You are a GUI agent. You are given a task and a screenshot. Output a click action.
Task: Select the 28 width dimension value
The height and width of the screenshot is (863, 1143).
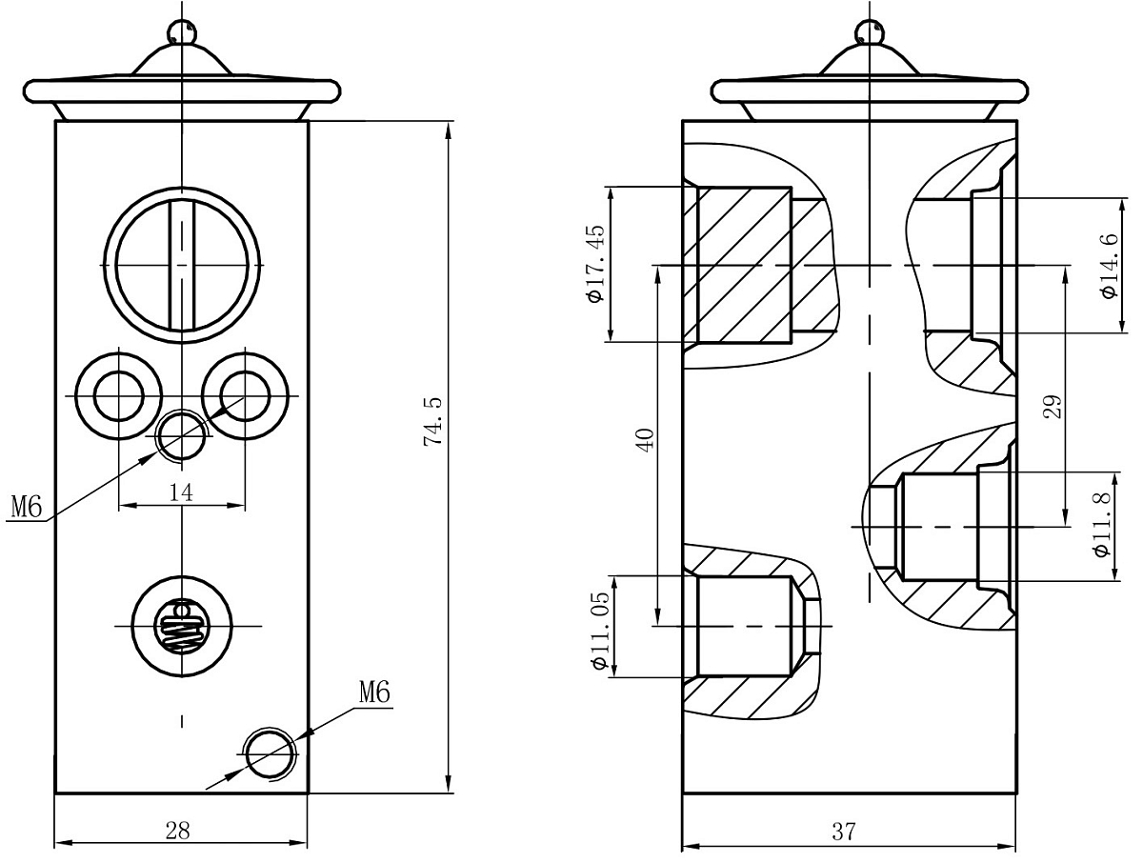point(178,831)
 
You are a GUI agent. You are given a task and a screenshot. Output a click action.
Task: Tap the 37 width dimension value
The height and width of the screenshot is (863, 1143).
point(843,832)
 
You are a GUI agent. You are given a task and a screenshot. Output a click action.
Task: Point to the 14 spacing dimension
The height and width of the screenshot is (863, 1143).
point(181,492)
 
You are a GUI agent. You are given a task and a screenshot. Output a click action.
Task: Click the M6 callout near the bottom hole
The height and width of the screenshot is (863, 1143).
point(375,692)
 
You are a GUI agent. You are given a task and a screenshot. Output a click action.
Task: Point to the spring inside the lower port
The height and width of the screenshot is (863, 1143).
point(181,626)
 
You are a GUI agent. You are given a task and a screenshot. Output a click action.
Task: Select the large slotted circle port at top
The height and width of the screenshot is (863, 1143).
point(181,263)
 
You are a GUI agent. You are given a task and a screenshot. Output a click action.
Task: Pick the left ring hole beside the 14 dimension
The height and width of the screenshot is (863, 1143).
point(118,395)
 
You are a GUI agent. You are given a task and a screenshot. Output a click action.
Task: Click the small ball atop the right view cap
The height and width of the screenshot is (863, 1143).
point(870,32)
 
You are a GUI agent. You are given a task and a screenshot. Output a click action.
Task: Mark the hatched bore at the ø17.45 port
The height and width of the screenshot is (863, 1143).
point(743,265)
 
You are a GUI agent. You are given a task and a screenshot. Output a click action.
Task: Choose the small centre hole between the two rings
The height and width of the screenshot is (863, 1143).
point(181,435)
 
